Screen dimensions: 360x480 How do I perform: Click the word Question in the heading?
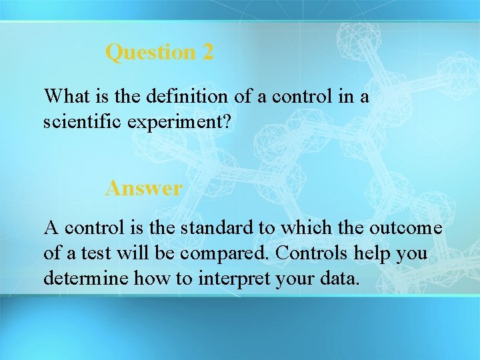coord(151,52)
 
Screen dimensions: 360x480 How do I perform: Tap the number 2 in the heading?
coord(207,52)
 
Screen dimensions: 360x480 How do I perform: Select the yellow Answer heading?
coord(143,189)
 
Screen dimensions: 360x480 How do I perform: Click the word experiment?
coord(175,121)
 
